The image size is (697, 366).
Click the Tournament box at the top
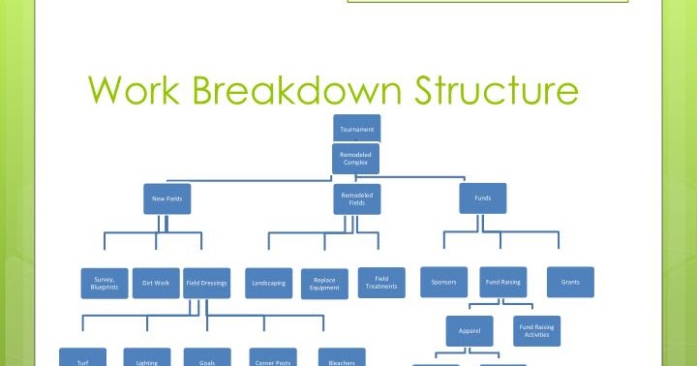point(356,129)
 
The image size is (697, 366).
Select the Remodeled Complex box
point(356,158)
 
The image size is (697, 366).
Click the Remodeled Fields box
point(356,198)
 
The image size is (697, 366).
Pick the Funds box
point(482,198)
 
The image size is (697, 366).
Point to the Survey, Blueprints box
point(104,283)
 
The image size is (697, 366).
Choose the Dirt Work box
point(155,283)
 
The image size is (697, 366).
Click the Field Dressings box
point(206,283)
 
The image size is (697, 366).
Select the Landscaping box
point(268,283)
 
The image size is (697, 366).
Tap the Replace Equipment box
point(324,284)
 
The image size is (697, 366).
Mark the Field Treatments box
point(381,282)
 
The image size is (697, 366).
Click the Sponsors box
point(443,283)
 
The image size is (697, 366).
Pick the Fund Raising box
point(503,283)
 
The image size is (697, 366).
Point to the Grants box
point(570,283)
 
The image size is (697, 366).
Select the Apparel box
point(470,331)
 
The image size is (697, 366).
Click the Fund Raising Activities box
point(536,330)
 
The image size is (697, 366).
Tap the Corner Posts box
point(272,358)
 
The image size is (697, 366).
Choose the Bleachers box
point(342,358)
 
